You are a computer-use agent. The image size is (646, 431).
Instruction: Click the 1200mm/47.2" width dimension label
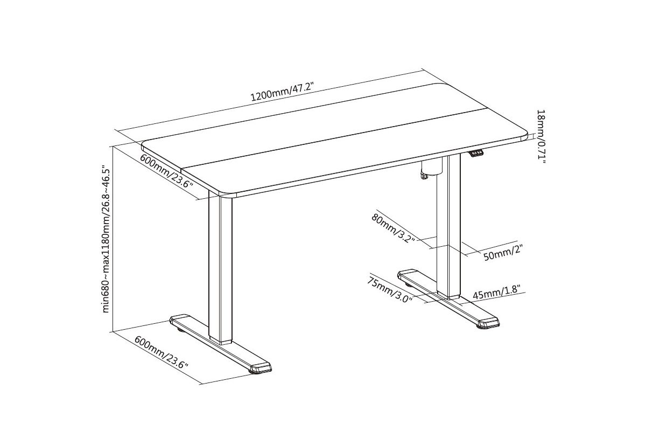pyautogui.click(x=282, y=92)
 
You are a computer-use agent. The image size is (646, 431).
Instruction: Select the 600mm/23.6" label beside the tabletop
pyautogui.click(x=166, y=171)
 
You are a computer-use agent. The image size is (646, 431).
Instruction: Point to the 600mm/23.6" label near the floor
pyautogui.click(x=161, y=352)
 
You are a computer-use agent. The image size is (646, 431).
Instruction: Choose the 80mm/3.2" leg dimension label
pyautogui.click(x=393, y=228)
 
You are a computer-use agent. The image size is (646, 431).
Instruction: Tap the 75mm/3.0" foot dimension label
pyautogui.click(x=390, y=290)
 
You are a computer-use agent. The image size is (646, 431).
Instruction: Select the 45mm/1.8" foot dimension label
pyautogui.click(x=496, y=292)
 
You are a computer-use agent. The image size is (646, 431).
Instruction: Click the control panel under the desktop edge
pyautogui.click(x=475, y=153)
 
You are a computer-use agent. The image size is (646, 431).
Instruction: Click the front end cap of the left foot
pyautogui.click(x=261, y=368)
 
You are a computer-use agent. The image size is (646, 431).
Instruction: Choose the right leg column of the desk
pyautogui.click(x=448, y=227)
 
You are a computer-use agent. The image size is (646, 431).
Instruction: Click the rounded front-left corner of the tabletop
pyautogui.click(x=223, y=193)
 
